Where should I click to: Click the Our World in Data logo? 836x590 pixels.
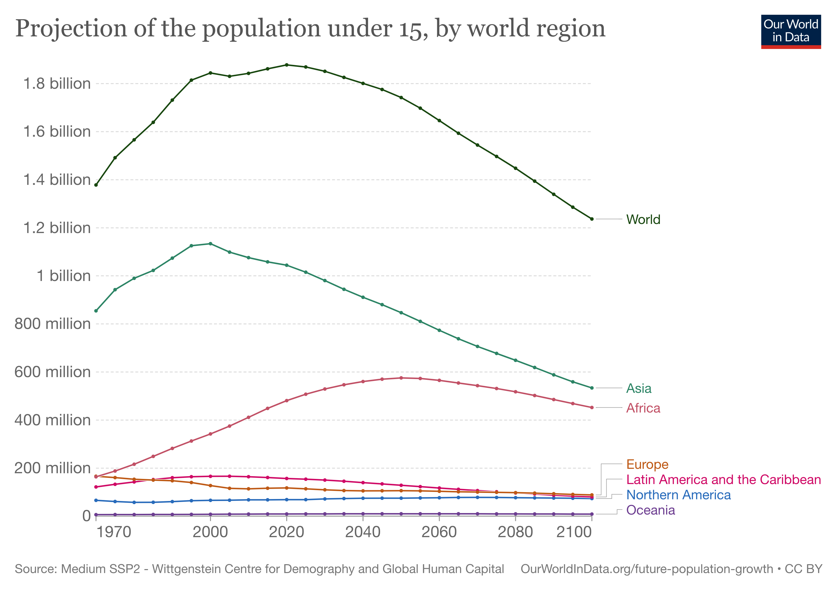point(791,32)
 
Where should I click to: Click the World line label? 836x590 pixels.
point(643,220)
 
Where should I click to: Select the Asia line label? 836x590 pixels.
point(639,388)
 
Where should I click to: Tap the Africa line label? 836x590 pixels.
point(643,408)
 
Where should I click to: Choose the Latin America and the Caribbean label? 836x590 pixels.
point(723,480)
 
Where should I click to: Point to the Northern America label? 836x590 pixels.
point(678,495)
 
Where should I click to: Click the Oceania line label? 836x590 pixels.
point(650,510)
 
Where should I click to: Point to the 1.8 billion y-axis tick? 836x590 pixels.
point(57,84)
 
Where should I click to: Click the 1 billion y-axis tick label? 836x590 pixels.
point(64,276)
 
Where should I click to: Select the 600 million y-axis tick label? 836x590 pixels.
point(52,372)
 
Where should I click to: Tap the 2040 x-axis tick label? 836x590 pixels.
point(363,532)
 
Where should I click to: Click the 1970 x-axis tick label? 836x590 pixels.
point(114,532)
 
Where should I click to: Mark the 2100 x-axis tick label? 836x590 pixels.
point(574,532)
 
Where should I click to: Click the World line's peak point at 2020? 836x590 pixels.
point(286,65)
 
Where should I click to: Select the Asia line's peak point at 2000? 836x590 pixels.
point(210,243)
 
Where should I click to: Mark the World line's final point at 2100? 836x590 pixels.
point(592,219)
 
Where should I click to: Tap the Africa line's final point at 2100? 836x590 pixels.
point(592,408)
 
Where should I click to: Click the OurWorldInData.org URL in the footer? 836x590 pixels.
point(647,569)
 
